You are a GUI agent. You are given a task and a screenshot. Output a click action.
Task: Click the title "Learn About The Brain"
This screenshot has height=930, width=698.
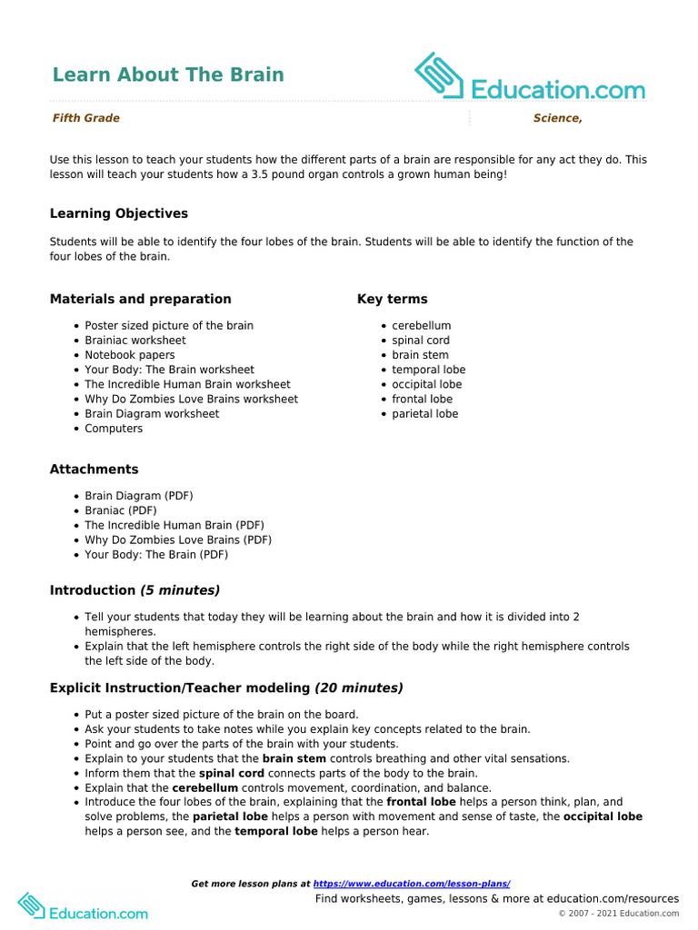click(x=168, y=74)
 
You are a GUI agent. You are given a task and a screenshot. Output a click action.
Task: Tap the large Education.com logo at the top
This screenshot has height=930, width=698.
click(x=530, y=79)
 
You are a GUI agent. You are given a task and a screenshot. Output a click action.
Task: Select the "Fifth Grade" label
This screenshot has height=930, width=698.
click(x=85, y=118)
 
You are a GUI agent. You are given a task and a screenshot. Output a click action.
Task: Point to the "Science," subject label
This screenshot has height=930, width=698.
click(x=557, y=118)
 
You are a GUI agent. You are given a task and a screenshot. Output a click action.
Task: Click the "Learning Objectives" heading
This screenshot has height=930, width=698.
click(x=119, y=213)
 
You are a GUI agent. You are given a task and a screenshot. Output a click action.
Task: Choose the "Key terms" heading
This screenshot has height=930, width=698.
click(x=392, y=299)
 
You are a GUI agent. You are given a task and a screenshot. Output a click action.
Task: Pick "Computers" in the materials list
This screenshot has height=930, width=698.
click(x=114, y=429)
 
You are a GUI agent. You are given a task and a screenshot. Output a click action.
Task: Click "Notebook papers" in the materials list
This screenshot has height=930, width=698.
click(x=130, y=355)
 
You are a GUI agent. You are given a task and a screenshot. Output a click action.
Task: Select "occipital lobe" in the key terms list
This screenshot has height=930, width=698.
click(x=427, y=384)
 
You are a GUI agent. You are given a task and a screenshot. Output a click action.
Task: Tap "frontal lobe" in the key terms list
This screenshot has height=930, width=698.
click(x=422, y=399)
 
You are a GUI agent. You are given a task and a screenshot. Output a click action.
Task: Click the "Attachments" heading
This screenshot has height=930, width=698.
click(x=95, y=470)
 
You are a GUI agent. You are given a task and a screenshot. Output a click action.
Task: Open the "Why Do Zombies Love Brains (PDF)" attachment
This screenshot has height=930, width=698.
click(x=178, y=539)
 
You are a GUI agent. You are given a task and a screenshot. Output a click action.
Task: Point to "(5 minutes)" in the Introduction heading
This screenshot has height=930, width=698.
click(x=180, y=590)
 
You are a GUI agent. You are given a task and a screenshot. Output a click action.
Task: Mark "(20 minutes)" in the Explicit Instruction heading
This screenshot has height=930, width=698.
click(x=359, y=688)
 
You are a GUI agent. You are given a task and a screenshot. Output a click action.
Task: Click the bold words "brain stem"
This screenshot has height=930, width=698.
click(x=294, y=758)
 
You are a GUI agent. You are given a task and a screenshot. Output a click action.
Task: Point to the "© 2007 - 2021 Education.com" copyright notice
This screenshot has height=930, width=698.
click(x=618, y=914)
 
